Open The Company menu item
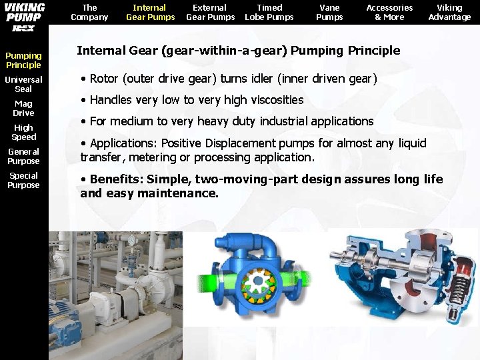click(x=89, y=13)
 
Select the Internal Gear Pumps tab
click(x=150, y=13)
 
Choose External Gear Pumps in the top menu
click(x=210, y=13)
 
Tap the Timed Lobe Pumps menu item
click(x=269, y=13)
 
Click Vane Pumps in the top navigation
click(x=329, y=13)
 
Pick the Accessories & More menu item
click(x=389, y=13)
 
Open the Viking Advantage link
click(x=449, y=13)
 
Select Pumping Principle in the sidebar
click(x=23, y=61)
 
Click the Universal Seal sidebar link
click(x=23, y=85)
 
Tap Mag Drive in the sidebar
click(x=23, y=109)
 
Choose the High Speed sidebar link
click(x=23, y=133)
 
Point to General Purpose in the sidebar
click(x=23, y=157)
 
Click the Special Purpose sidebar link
click(x=23, y=181)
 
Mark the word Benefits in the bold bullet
click(x=113, y=179)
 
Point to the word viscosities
click(x=271, y=100)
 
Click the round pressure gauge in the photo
click(x=133, y=240)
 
